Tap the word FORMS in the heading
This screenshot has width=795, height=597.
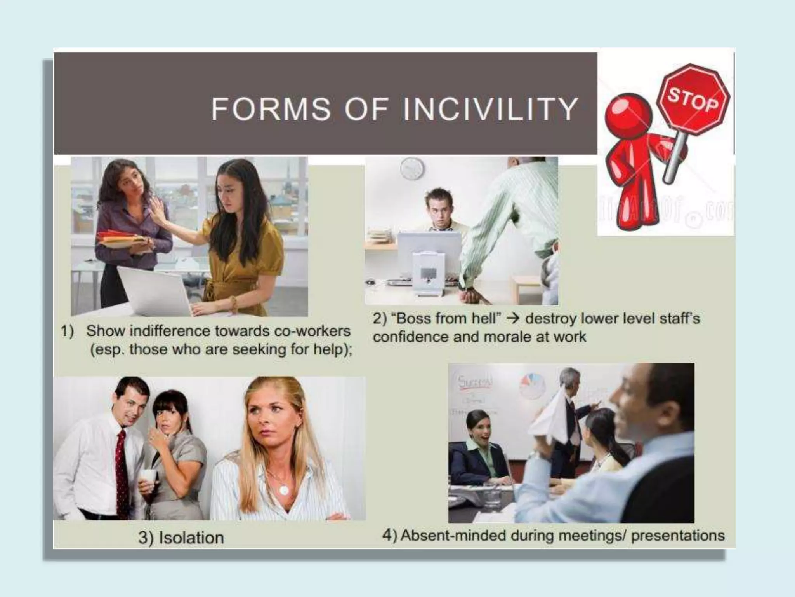tap(271, 109)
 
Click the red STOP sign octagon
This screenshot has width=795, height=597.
tap(693, 100)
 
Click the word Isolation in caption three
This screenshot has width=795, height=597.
tap(191, 538)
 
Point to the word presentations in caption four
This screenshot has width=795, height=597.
tap(677, 536)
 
